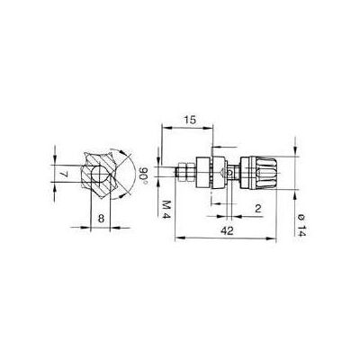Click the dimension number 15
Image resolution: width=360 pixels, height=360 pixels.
190,120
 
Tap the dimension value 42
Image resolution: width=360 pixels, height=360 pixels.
227,230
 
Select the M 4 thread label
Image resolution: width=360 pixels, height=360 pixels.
166,209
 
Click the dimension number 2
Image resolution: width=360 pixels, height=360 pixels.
257,209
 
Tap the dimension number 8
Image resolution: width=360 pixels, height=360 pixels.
101,219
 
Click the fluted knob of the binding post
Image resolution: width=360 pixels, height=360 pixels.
265,173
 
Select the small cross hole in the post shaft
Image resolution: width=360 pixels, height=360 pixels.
229,173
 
